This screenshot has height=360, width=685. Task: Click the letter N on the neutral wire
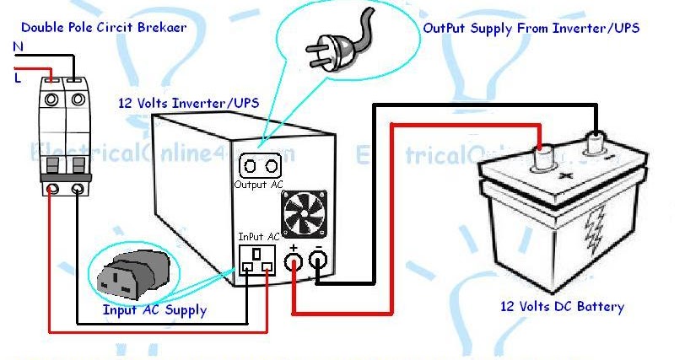(x=18, y=49)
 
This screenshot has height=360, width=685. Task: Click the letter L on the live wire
(x=18, y=77)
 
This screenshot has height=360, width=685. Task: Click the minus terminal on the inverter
(x=320, y=262)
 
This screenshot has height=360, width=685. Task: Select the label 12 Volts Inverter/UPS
(x=188, y=103)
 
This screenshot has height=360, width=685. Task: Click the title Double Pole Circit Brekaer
(x=103, y=27)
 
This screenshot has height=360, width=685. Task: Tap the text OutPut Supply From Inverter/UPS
(x=531, y=28)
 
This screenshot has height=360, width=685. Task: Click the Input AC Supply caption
(x=154, y=309)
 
